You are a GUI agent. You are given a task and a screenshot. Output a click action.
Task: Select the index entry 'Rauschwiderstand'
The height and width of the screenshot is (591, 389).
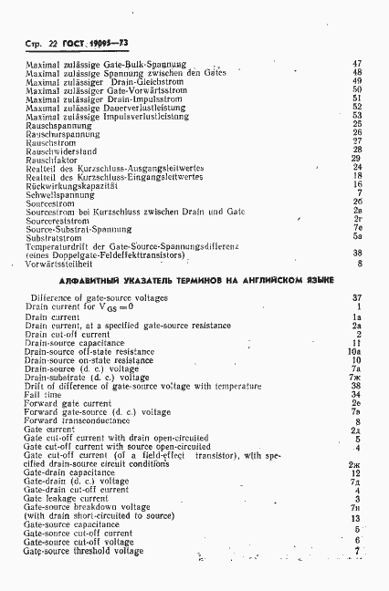tap(55, 149)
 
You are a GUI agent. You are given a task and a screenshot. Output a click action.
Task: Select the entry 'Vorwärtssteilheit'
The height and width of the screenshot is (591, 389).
tap(57, 264)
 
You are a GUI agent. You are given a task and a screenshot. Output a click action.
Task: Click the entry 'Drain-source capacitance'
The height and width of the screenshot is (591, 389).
tap(75, 343)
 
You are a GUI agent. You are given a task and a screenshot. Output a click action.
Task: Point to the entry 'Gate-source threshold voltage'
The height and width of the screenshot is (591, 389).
tap(83, 552)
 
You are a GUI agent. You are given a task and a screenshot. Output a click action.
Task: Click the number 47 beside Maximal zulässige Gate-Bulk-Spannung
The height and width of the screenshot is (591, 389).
tap(357, 63)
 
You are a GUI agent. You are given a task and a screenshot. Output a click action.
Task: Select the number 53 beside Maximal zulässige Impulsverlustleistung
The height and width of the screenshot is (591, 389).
tap(357, 116)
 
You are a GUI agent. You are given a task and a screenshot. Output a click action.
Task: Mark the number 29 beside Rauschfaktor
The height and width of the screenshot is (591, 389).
tap(357, 159)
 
